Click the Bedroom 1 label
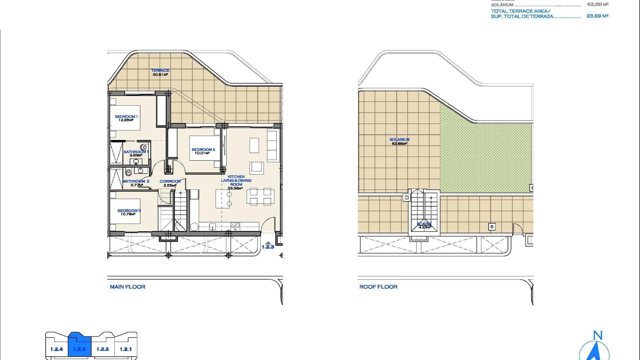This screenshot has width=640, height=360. coord(126,117)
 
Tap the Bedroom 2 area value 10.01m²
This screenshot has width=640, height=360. coord(202,153)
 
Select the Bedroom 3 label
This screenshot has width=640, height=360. coord(129,211)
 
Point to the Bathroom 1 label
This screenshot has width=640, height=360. coord(136,152)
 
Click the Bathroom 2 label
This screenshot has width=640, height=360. coord(136,181)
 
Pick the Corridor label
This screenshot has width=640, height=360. coord(170,182)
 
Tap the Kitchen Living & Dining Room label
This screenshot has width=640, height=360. coord(236,180)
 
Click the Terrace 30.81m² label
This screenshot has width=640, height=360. coord(160,72)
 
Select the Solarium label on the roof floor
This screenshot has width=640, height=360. coord(399,140)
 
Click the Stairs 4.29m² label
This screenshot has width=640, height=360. coord(425,226)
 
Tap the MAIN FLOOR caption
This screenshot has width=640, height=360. coord(128,287)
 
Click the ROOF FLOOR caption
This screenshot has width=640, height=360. coord(378,287)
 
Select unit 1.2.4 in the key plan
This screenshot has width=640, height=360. coord(57,349)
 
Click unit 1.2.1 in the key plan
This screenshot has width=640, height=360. coord(126,349)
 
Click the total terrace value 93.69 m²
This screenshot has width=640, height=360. coord(597,16)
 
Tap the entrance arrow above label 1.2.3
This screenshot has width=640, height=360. coord(268,243)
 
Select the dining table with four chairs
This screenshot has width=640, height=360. coord(260,196)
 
